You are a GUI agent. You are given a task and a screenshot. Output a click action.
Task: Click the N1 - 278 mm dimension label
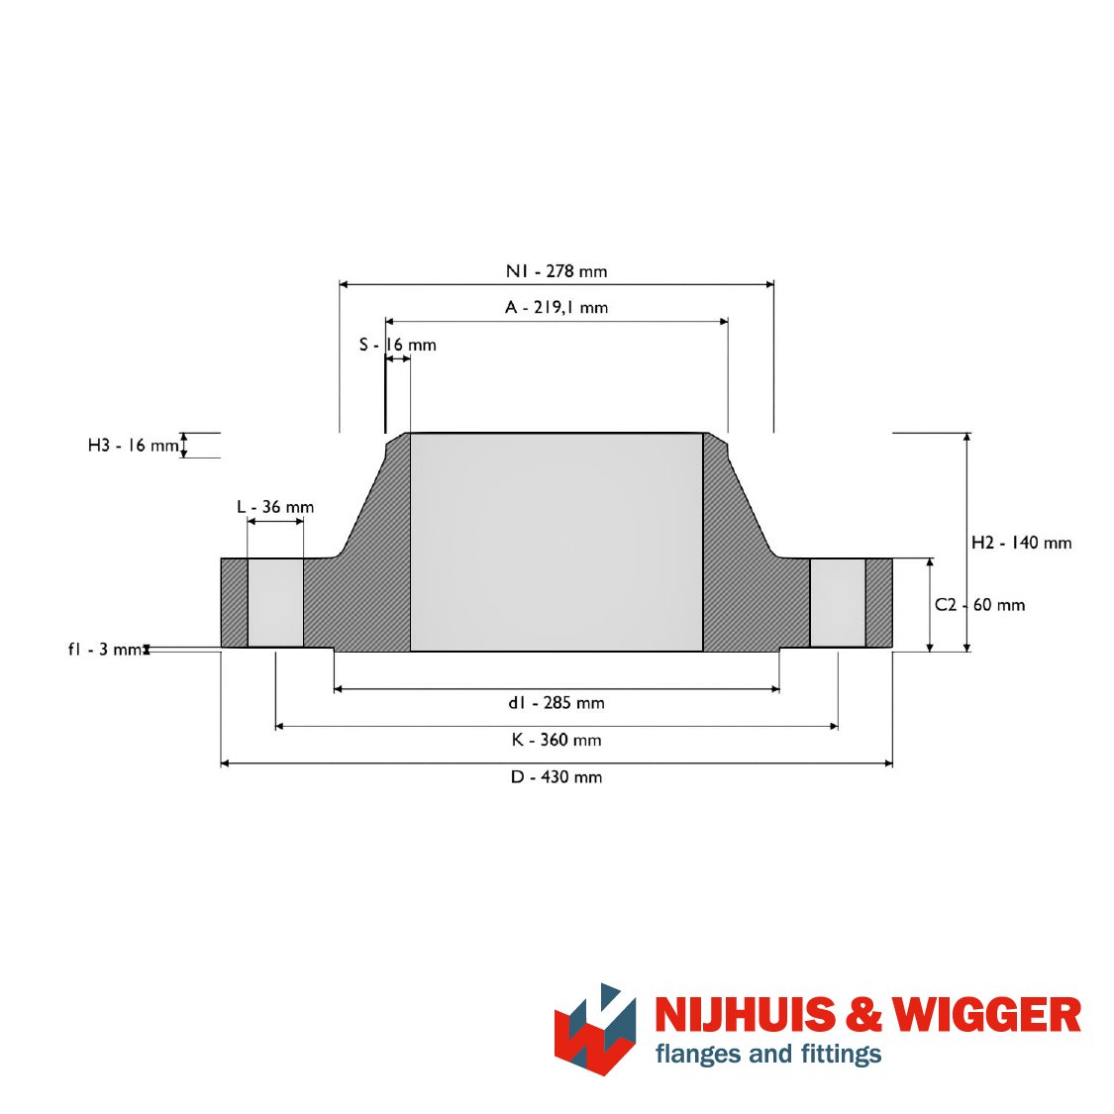[557, 270]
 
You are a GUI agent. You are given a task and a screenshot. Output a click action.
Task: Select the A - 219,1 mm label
[557, 307]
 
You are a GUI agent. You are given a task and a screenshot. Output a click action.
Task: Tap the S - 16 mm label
[397, 345]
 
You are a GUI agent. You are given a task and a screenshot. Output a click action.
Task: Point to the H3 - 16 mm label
[133, 446]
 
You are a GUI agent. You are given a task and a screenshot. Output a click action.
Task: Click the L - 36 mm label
[275, 507]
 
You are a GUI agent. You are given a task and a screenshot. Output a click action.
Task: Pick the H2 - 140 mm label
[1021, 543]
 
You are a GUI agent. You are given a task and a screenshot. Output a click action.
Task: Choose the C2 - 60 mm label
[979, 605]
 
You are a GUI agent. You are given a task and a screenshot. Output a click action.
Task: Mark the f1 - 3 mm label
[105, 650]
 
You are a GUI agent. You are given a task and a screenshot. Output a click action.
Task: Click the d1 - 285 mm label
[557, 703]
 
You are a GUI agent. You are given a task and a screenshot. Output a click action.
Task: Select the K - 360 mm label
[557, 740]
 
